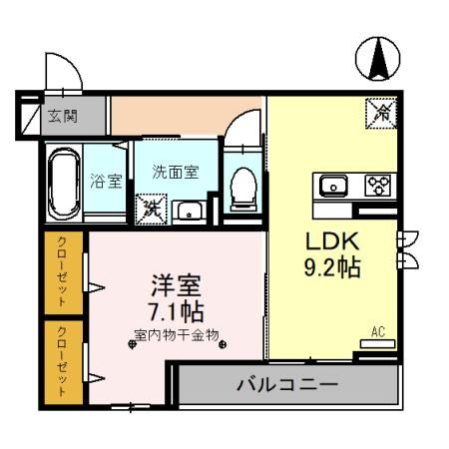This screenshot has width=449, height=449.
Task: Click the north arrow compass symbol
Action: click(x=379, y=59)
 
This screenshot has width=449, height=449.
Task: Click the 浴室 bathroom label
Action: click(x=105, y=182)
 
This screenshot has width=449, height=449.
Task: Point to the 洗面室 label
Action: click(x=175, y=171)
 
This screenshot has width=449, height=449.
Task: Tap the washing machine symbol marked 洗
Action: click(x=154, y=208)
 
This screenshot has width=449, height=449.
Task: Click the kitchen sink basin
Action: click(x=331, y=185)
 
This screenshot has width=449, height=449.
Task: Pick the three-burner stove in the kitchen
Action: click(x=376, y=185)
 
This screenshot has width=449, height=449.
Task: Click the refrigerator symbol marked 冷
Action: click(x=380, y=114)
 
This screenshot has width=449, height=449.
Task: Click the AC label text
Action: click(x=378, y=332)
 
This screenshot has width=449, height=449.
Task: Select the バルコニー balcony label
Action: click(x=287, y=384)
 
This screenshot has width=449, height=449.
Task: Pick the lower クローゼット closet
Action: click(x=63, y=360)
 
